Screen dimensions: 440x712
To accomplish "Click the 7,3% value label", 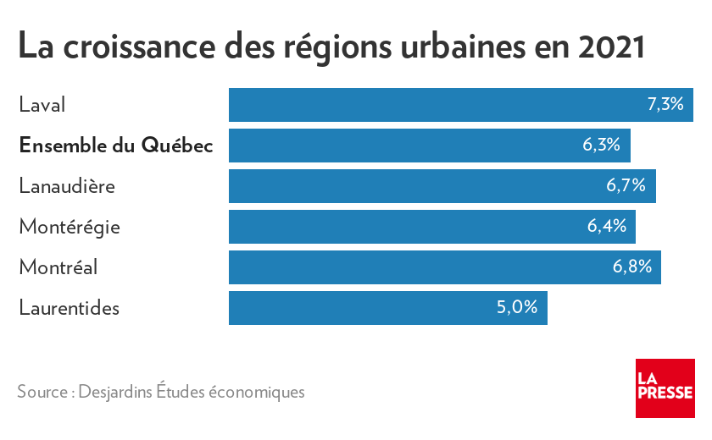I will click(665, 105).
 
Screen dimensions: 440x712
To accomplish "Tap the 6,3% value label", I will click(601, 146).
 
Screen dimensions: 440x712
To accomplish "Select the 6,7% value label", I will click(626, 186).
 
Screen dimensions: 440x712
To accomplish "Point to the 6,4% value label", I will click(606, 227).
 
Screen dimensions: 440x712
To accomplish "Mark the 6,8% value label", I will click(631, 267).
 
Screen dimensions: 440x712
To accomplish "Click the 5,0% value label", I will click(517, 308).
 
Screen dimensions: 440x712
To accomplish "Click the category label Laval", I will click(42, 105).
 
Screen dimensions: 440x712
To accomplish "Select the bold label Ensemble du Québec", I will click(115, 146).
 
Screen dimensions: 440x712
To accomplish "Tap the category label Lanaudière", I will click(67, 186).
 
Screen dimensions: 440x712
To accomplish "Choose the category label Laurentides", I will click(70, 308).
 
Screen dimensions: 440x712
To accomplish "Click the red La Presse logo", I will click(665, 388).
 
